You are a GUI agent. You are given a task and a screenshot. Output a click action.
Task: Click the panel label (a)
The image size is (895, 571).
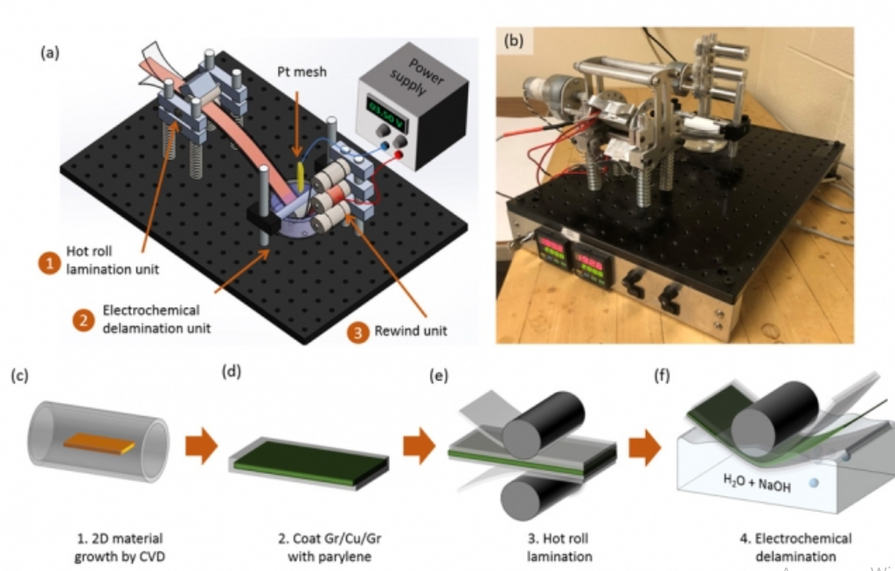click(52, 52)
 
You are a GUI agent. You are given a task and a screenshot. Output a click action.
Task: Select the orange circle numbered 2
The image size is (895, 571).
click(84, 319)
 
